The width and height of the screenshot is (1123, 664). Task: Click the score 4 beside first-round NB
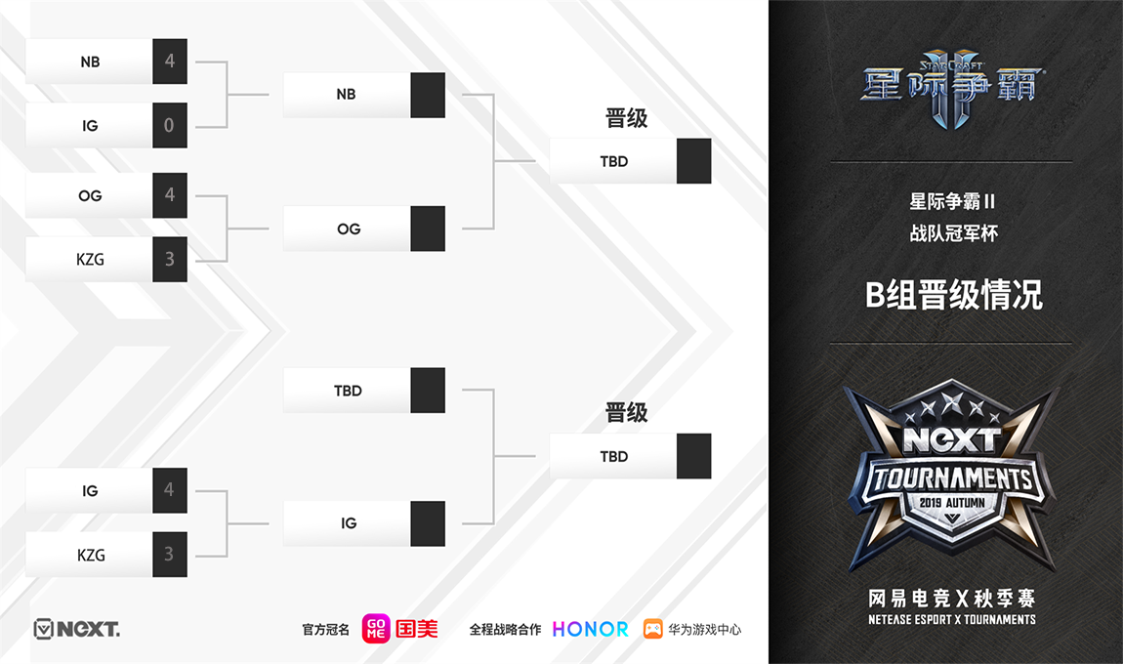click(170, 62)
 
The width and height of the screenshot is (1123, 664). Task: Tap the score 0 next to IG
click(170, 125)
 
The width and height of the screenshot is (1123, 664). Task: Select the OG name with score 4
click(90, 195)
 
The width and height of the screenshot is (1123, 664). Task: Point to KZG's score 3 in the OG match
click(170, 260)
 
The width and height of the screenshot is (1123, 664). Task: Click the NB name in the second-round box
click(346, 95)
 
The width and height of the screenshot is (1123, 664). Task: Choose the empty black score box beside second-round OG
click(428, 228)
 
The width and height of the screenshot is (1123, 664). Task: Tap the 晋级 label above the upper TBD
click(627, 119)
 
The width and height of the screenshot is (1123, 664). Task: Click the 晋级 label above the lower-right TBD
click(627, 413)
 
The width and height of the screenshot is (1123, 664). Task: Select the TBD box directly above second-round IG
click(348, 391)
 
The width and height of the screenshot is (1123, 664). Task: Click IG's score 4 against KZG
click(170, 490)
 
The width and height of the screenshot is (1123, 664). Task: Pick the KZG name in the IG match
click(90, 555)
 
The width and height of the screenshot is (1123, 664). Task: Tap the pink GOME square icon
click(376, 629)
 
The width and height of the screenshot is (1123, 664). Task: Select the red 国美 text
click(417, 629)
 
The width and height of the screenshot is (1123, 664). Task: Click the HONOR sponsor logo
click(591, 629)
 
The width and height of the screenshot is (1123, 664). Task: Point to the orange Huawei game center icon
click(652, 629)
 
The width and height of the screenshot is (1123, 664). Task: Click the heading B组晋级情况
click(953, 295)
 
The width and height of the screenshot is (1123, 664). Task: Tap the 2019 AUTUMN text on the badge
click(951, 502)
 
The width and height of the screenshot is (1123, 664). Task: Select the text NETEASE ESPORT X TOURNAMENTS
click(951, 619)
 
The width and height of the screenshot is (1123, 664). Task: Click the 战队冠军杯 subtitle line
click(953, 233)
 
